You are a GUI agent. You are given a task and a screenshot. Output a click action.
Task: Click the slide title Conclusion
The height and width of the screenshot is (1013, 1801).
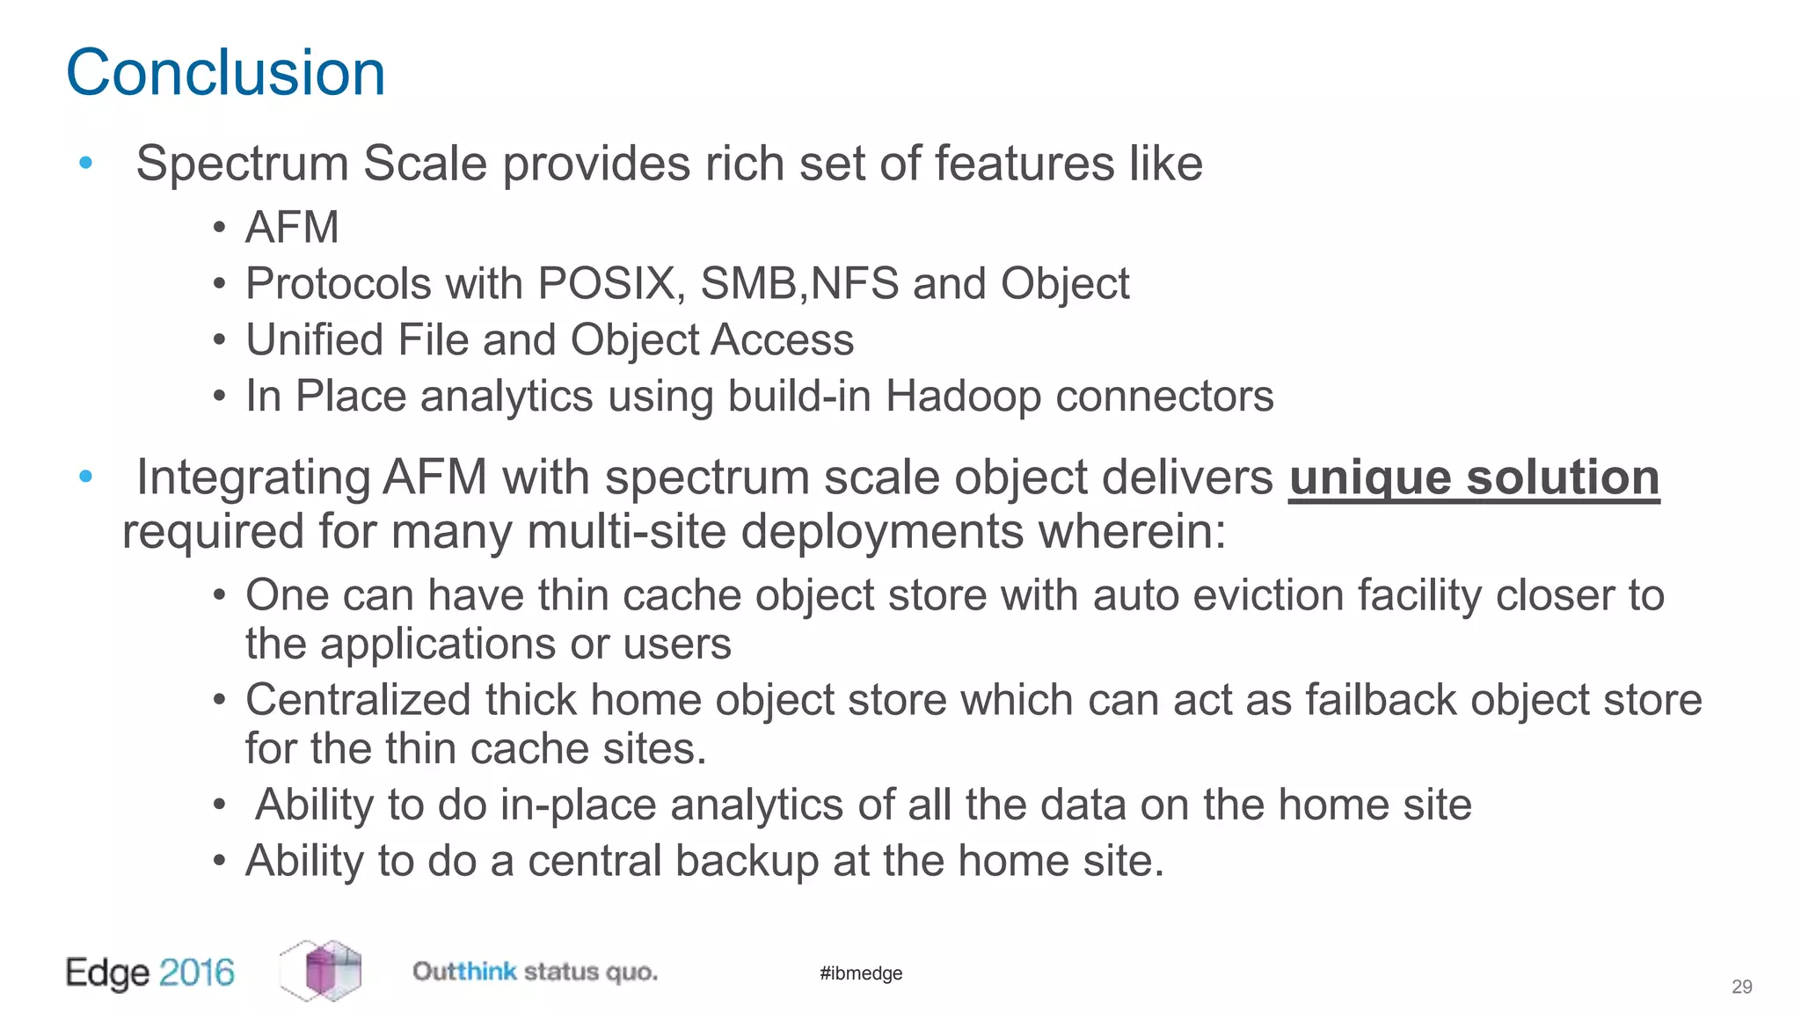tap(226, 73)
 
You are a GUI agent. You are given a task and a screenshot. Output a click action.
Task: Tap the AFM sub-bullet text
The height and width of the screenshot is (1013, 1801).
tap(292, 228)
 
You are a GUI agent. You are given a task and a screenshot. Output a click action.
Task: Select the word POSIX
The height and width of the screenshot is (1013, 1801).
tap(607, 284)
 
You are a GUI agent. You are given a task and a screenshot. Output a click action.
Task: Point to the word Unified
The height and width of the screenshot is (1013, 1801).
tap(313, 340)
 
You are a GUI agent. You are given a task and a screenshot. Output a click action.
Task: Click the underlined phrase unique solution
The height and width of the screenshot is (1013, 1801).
tap(1474, 478)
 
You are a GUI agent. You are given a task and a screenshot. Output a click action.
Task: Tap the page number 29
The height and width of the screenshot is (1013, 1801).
tap(1741, 987)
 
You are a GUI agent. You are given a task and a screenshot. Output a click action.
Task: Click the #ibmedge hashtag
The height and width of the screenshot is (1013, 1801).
tap(861, 973)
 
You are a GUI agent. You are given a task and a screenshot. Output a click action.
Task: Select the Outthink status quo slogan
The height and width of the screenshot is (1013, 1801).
tap(535, 972)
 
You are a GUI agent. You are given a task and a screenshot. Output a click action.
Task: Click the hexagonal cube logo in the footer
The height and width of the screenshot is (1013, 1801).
tap(322, 971)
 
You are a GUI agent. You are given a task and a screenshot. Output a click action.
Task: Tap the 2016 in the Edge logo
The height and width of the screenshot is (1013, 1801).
tap(197, 973)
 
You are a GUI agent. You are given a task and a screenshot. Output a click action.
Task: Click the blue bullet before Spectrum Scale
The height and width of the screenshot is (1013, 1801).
tap(85, 163)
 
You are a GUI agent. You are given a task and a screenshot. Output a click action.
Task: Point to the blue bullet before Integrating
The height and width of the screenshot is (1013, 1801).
tap(85, 477)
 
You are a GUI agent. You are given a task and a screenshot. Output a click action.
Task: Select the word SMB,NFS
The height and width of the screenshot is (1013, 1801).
tap(799, 284)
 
